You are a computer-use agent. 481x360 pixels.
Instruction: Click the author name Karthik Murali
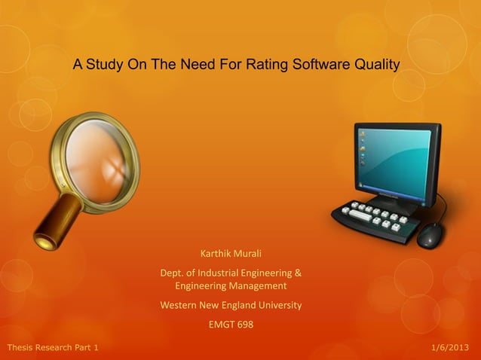231,253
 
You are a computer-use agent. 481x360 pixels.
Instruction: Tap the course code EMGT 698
231,325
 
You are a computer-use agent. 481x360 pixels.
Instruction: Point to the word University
276,305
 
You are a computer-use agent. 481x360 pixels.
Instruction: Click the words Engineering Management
231,286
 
